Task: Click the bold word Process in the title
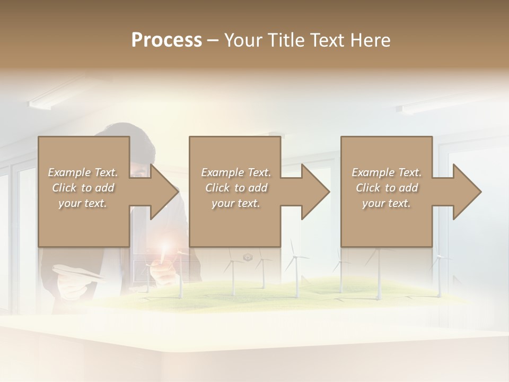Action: pos(166,40)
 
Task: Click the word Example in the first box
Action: pos(69,172)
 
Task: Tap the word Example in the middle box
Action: pos(222,172)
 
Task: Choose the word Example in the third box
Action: pos(373,172)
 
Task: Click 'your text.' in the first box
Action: pos(83,203)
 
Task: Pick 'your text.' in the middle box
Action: pos(235,203)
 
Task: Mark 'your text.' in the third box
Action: pos(387,203)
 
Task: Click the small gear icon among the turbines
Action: pos(247,257)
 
